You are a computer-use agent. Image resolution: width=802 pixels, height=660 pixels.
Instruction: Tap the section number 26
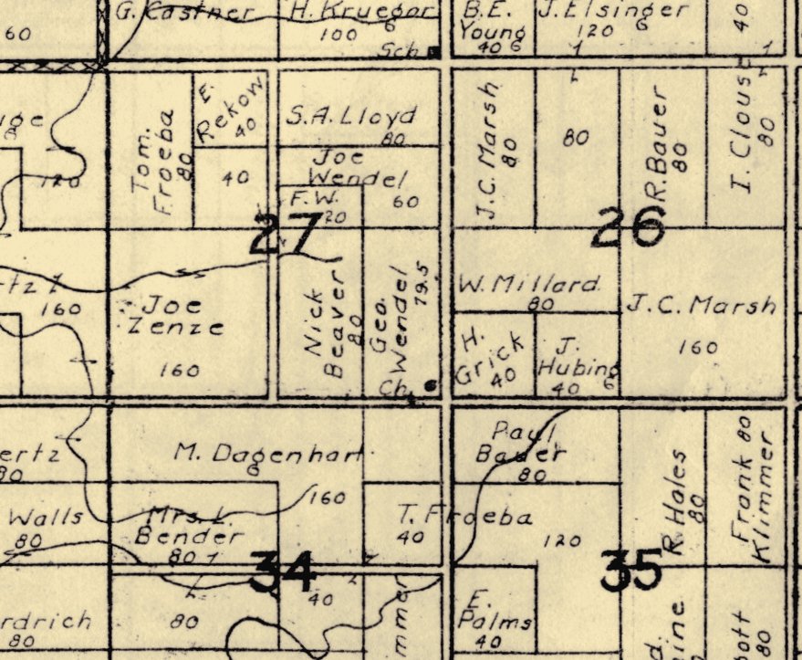tap(627, 226)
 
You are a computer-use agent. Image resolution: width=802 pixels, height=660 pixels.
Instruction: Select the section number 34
tap(284, 572)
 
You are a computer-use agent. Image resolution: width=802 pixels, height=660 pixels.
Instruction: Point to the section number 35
tap(630, 571)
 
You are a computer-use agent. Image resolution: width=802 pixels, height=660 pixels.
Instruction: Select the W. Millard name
tap(530, 284)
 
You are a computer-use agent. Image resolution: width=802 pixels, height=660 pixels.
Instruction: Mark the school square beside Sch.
tap(434, 52)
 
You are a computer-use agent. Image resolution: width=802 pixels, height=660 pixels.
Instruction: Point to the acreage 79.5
tap(422, 284)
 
